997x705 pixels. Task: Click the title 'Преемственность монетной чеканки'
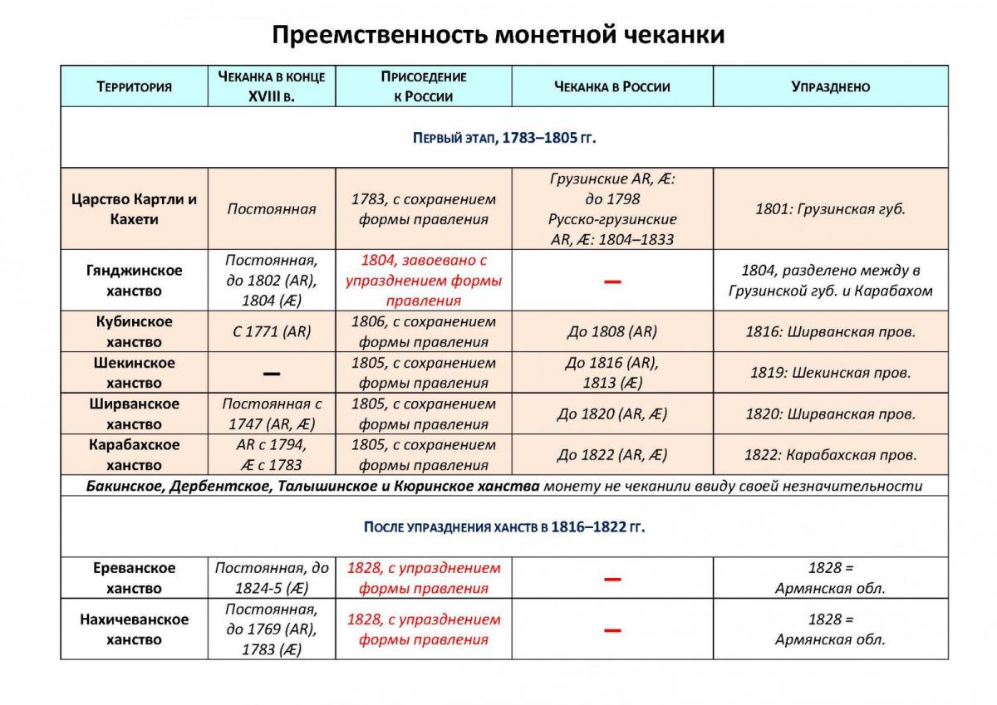(498, 35)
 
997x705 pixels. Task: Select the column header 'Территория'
(134, 86)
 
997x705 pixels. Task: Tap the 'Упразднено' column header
(830, 86)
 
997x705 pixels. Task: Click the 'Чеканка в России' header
(611, 86)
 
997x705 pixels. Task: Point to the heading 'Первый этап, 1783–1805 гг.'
(504, 138)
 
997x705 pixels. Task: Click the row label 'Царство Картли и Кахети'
(134, 209)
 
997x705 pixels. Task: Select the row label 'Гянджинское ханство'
(134, 281)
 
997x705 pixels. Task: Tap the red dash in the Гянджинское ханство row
(612, 282)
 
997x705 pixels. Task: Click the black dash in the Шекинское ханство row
(271, 374)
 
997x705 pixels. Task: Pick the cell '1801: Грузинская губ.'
(830, 209)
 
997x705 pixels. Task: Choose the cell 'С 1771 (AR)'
(272, 331)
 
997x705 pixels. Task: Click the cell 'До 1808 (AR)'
(611, 331)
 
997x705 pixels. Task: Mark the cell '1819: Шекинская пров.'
(830, 373)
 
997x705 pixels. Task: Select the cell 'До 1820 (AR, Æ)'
(611, 414)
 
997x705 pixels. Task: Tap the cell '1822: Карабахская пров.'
(830, 455)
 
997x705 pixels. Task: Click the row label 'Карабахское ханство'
(134, 455)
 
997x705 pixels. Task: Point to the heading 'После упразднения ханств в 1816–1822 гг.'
(504, 527)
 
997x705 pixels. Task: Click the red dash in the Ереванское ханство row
(612, 578)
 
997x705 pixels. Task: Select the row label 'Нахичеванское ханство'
(134, 629)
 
